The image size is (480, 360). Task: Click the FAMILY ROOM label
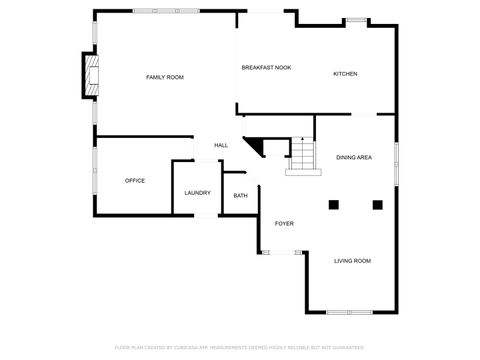point(165,77)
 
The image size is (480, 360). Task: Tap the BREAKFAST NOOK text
point(266,68)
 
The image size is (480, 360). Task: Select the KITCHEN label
point(345,74)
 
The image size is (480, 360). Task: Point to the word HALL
point(221,146)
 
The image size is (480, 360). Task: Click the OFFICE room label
point(135,181)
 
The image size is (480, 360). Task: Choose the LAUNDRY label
point(197,192)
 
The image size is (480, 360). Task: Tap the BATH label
point(241,196)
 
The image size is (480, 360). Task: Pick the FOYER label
point(284,223)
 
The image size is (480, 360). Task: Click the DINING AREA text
point(355,158)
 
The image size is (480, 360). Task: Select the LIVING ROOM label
point(352,261)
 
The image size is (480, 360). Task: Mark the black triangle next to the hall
point(253,146)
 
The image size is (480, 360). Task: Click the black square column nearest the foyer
point(333,205)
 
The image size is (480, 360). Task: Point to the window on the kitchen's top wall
point(355,19)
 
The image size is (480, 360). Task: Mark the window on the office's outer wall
point(94,176)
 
